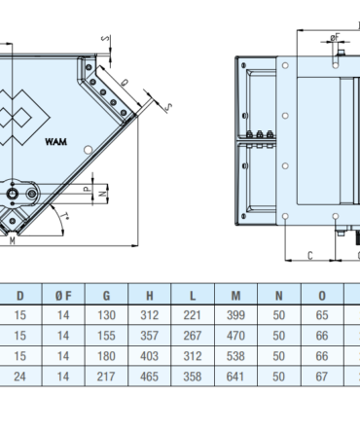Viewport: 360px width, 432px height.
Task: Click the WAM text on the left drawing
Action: tap(56, 142)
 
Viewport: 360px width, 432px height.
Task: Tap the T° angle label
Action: tap(65, 216)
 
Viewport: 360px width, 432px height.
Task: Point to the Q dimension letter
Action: tap(124, 83)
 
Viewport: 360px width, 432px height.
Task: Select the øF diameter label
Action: tap(335, 38)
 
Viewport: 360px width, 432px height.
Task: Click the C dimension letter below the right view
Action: tap(310, 256)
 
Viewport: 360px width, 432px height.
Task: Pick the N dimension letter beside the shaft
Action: tap(102, 194)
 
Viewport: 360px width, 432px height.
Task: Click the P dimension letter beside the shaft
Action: tap(88, 189)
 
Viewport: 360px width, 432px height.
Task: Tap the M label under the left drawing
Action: tap(13, 240)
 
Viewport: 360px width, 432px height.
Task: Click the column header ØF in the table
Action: tap(63, 296)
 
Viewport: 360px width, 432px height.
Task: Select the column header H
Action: tap(150, 296)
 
